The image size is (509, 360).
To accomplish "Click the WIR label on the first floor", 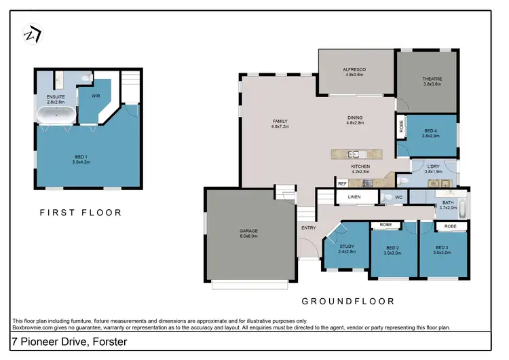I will (96, 96).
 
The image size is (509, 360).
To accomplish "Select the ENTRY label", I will (308, 228).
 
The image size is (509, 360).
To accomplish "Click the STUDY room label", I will (347, 247).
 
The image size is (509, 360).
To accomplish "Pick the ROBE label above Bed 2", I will (385, 226).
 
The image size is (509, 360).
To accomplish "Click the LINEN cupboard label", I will (354, 198).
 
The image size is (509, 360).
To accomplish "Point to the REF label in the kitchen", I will (342, 183).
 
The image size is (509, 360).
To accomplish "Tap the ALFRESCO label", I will (356, 69).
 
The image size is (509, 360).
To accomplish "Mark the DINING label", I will (356, 119).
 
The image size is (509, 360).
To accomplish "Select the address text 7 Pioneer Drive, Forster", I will (69, 343).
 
